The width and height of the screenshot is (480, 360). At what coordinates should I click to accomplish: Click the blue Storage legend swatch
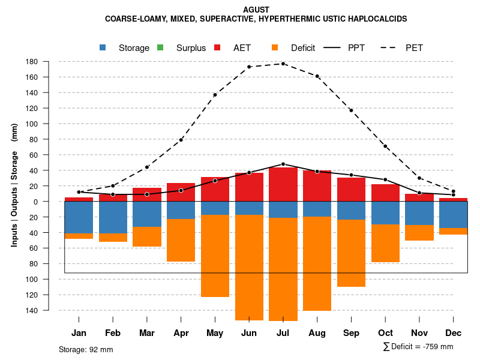[103, 47]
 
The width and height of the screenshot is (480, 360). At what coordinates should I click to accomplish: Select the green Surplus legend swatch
[160, 47]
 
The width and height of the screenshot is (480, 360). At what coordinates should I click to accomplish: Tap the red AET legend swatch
[217, 47]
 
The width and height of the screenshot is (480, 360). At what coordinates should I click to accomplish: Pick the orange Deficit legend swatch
[275, 47]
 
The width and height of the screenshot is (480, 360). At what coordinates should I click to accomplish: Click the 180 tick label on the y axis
[48, 61]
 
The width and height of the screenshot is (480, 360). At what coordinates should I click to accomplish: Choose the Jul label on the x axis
[283, 333]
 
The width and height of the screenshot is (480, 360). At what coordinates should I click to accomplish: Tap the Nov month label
[419, 333]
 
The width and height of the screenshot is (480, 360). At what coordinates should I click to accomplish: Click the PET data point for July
[283, 64]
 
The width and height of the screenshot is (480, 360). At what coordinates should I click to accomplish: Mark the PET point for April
[181, 140]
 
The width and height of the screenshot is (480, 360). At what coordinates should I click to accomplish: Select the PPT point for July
[283, 164]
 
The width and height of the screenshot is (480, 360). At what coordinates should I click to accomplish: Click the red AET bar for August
[317, 185]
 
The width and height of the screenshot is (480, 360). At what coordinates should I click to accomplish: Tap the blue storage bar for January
[79, 217]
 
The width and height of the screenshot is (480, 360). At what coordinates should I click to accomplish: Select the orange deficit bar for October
[385, 243]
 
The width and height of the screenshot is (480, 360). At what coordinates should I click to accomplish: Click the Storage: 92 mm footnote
[86, 349]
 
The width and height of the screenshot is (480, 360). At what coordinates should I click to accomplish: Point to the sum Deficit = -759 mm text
[418, 347]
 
